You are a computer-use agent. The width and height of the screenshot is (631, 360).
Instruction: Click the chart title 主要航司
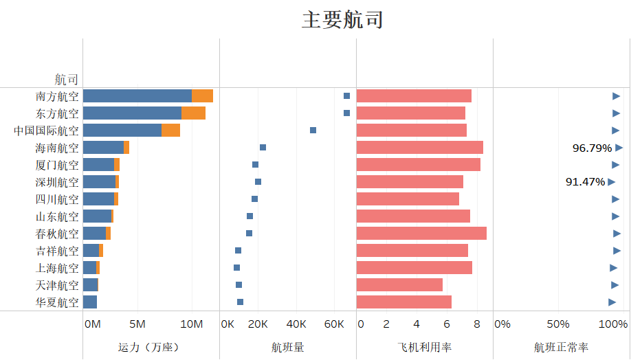point(342,19)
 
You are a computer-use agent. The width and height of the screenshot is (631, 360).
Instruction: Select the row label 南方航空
point(57,96)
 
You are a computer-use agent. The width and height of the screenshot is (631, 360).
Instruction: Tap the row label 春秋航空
point(57,234)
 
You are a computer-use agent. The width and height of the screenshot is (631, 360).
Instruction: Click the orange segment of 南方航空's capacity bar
point(202,96)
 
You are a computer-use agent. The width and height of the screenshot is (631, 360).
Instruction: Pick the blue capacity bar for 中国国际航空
point(122,131)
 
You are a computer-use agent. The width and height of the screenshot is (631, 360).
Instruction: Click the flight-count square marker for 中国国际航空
point(313,131)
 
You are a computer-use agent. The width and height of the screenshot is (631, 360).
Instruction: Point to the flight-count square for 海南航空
point(263,148)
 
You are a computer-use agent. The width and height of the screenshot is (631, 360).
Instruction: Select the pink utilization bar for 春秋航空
point(421,234)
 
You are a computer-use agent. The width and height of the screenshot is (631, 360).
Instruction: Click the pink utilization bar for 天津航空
point(399,285)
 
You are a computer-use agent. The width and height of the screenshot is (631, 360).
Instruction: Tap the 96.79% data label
point(592,148)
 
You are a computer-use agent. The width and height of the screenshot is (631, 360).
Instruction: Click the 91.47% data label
point(585,182)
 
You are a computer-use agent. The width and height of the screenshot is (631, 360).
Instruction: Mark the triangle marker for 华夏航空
point(612,302)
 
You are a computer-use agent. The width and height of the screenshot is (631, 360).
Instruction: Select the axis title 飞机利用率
point(424,348)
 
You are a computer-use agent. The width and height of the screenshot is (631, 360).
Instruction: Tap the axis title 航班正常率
point(561,348)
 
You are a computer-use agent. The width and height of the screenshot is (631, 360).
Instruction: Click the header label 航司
point(67,80)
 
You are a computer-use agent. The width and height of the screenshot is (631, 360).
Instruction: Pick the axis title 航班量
point(287,348)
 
